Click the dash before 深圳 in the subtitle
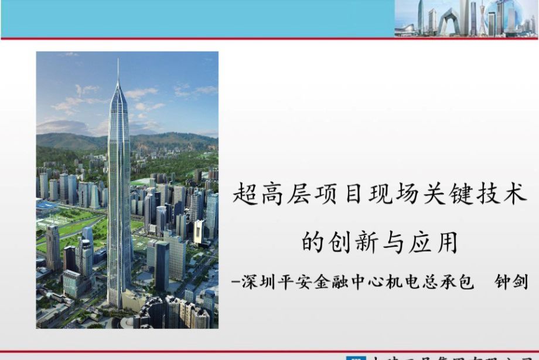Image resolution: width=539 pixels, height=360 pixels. coord(236,283)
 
